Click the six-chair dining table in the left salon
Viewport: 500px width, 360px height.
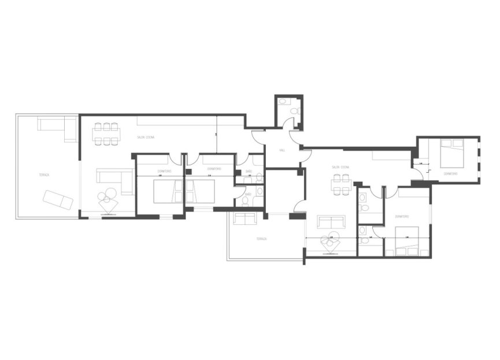pos(106,133)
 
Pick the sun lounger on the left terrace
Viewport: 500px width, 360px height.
pos(58,200)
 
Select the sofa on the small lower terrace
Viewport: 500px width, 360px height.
pos(245,219)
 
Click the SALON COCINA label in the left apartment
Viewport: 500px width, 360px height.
pos(146,137)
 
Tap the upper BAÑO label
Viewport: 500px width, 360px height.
pos(249,172)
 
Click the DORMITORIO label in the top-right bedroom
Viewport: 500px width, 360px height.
pos(451,173)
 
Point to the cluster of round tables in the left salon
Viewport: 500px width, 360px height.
pos(108,199)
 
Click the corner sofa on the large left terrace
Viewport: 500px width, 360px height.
pos(58,127)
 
